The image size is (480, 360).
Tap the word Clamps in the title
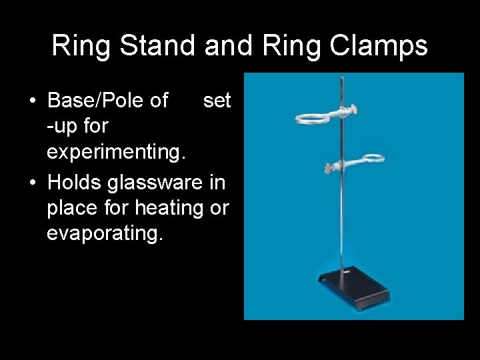[381, 46]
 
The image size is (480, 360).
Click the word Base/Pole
[108, 101]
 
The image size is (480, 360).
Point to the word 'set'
[217, 101]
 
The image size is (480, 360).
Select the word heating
[169, 207]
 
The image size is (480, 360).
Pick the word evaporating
[105, 234]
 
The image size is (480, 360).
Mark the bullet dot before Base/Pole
[31, 101]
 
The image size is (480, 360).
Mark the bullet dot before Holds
[31, 181]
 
